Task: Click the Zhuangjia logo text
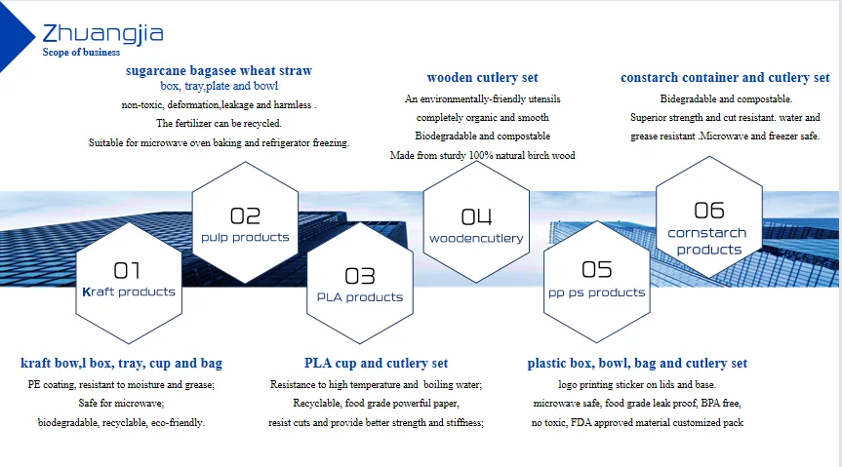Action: pyautogui.click(x=102, y=34)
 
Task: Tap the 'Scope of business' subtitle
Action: pyautogui.click(x=81, y=52)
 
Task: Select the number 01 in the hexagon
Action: pyautogui.click(x=127, y=270)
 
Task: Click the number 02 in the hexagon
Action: pyautogui.click(x=245, y=215)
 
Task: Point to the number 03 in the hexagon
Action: pyautogui.click(x=360, y=276)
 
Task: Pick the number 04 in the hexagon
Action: pyautogui.click(x=476, y=216)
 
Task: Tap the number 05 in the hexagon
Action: pyautogui.click(x=596, y=269)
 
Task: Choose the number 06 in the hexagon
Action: pyautogui.click(x=709, y=211)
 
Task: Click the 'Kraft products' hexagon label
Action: pyautogui.click(x=129, y=292)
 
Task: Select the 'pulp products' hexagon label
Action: pyautogui.click(x=245, y=237)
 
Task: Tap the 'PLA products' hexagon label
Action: pyautogui.click(x=360, y=297)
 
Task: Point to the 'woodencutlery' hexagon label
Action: pyautogui.click(x=476, y=238)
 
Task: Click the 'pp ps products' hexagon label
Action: pyautogui.click(x=596, y=293)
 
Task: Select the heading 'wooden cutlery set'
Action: pyautogui.click(x=482, y=77)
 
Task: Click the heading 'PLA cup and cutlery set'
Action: pyautogui.click(x=376, y=363)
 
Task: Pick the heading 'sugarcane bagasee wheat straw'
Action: pyautogui.click(x=219, y=70)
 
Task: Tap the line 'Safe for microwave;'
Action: pyautogui.click(x=121, y=403)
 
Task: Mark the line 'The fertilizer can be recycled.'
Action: pyautogui.click(x=219, y=124)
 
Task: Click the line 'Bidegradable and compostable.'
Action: pyautogui.click(x=726, y=98)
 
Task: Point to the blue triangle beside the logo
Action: pyautogui.click(x=13, y=36)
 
